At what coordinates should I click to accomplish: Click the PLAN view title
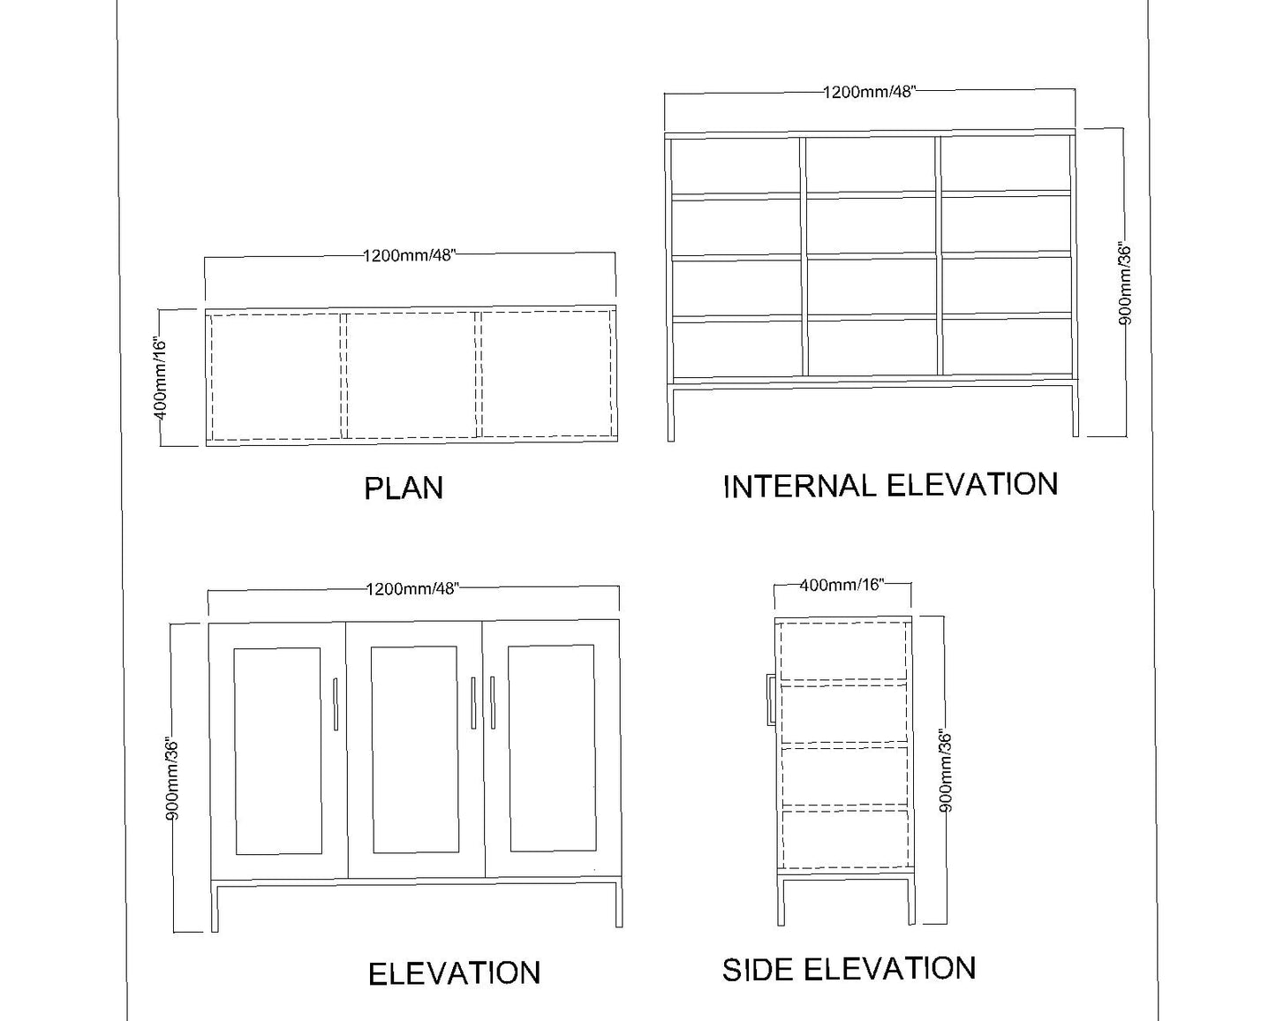(x=404, y=488)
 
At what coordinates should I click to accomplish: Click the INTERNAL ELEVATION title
(x=891, y=485)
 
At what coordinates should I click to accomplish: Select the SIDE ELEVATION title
(x=849, y=969)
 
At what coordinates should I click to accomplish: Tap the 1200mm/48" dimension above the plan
(x=409, y=256)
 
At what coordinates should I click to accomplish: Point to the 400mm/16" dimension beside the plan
(x=161, y=379)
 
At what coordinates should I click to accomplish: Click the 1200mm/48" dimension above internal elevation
(x=870, y=92)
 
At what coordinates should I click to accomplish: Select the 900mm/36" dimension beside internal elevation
(x=1125, y=284)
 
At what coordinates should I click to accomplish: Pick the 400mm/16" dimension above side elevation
(x=842, y=585)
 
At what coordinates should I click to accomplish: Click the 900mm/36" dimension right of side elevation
(x=947, y=771)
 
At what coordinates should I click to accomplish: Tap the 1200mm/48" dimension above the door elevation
(x=412, y=589)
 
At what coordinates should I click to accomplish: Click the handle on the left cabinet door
(x=336, y=704)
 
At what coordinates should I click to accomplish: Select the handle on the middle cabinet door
(x=473, y=703)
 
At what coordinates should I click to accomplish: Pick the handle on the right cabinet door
(x=492, y=703)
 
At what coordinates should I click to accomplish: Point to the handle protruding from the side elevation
(x=771, y=700)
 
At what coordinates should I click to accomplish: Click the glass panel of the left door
(x=278, y=751)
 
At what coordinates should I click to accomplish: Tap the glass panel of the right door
(x=552, y=749)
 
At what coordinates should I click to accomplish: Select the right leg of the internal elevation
(x=1075, y=410)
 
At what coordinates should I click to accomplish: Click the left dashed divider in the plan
(x=344, y=376)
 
